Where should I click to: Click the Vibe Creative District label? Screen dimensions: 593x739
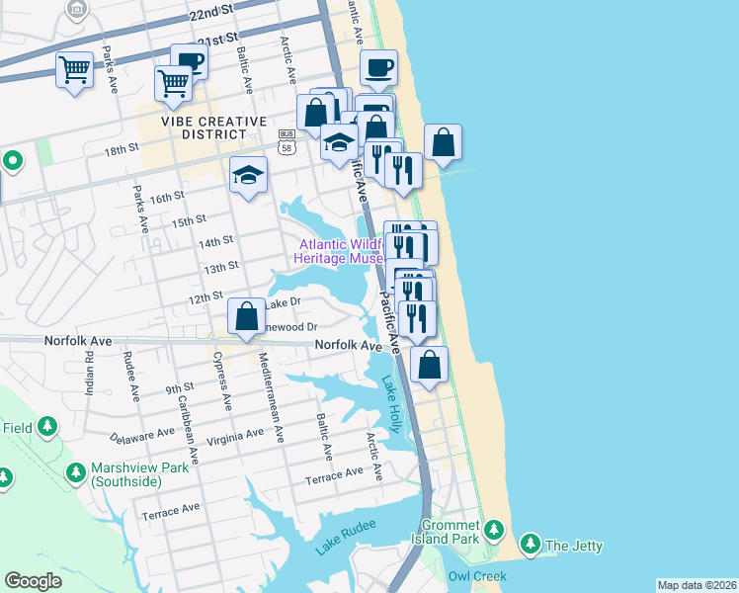(214, 127)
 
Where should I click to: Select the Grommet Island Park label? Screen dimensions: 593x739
(450, 532)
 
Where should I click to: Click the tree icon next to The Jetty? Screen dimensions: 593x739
(531, 545)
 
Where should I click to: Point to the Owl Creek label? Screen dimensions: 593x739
(476, 576)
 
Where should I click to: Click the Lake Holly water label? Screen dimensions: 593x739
(392, 405)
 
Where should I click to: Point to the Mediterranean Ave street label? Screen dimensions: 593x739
(271, 396)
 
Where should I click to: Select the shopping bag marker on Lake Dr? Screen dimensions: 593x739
(245, 316)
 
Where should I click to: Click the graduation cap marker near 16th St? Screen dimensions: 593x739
(248, 176)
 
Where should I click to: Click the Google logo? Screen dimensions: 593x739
(33, 581)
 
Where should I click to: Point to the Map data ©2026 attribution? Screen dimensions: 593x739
(697, 585)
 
